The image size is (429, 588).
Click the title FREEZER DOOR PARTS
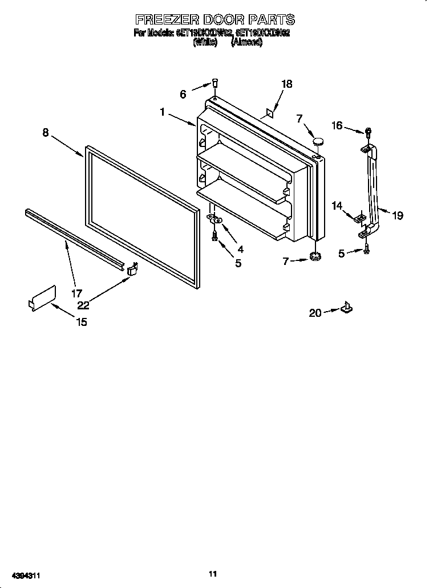pyautogui.click(x=214, y=21)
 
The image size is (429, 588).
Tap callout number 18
pyautogui.click(x=286, y=84)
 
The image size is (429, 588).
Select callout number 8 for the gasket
pyautogui.click(x=46, y=133)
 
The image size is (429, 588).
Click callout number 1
pyautogui.click(x=163, y=113)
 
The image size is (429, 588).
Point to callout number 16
pyautogui.click(x=338, y=125)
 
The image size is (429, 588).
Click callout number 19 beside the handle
pyautogui.click(x=398, y=215)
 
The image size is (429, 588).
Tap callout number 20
pyautogui.click(x=315, y=312)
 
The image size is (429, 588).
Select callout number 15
pyautogui.click(x=82, y=322)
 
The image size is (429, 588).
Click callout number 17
pyautogui.click(x=76, y=294)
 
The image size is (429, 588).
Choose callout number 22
pyautogui.click(x=83, y=305)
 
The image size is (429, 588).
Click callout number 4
pyautogui.click(x=240, y=249)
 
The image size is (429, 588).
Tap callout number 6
pyautogui.click(x=183, y=95)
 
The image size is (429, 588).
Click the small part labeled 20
pyautogui.click(x=346, y=308)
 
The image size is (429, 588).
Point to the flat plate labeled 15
pyautogui.click(x=42, y=298)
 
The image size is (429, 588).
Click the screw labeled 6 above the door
pyautogui.click(x=215, y=84)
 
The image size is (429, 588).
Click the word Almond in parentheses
pyautogui.click(x=246, y=42)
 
